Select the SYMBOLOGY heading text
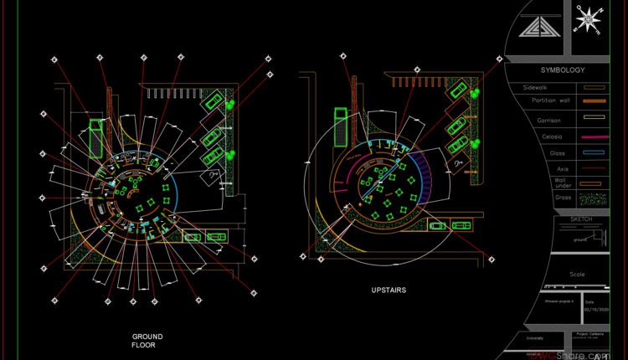[x=562, y=70]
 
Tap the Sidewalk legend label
[x=536, y=87]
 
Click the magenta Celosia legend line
[x=594, y=137]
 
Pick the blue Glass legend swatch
[x=594, y=154]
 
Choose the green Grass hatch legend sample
[x=594, y=199]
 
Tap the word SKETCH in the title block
[x=580, y=219]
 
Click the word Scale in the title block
[x=578, y=274]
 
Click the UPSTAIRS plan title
[x=388, y=291]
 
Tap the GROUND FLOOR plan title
[x=147, y=341]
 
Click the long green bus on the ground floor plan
[x=95, y=136]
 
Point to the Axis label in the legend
[x=562, y=168]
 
